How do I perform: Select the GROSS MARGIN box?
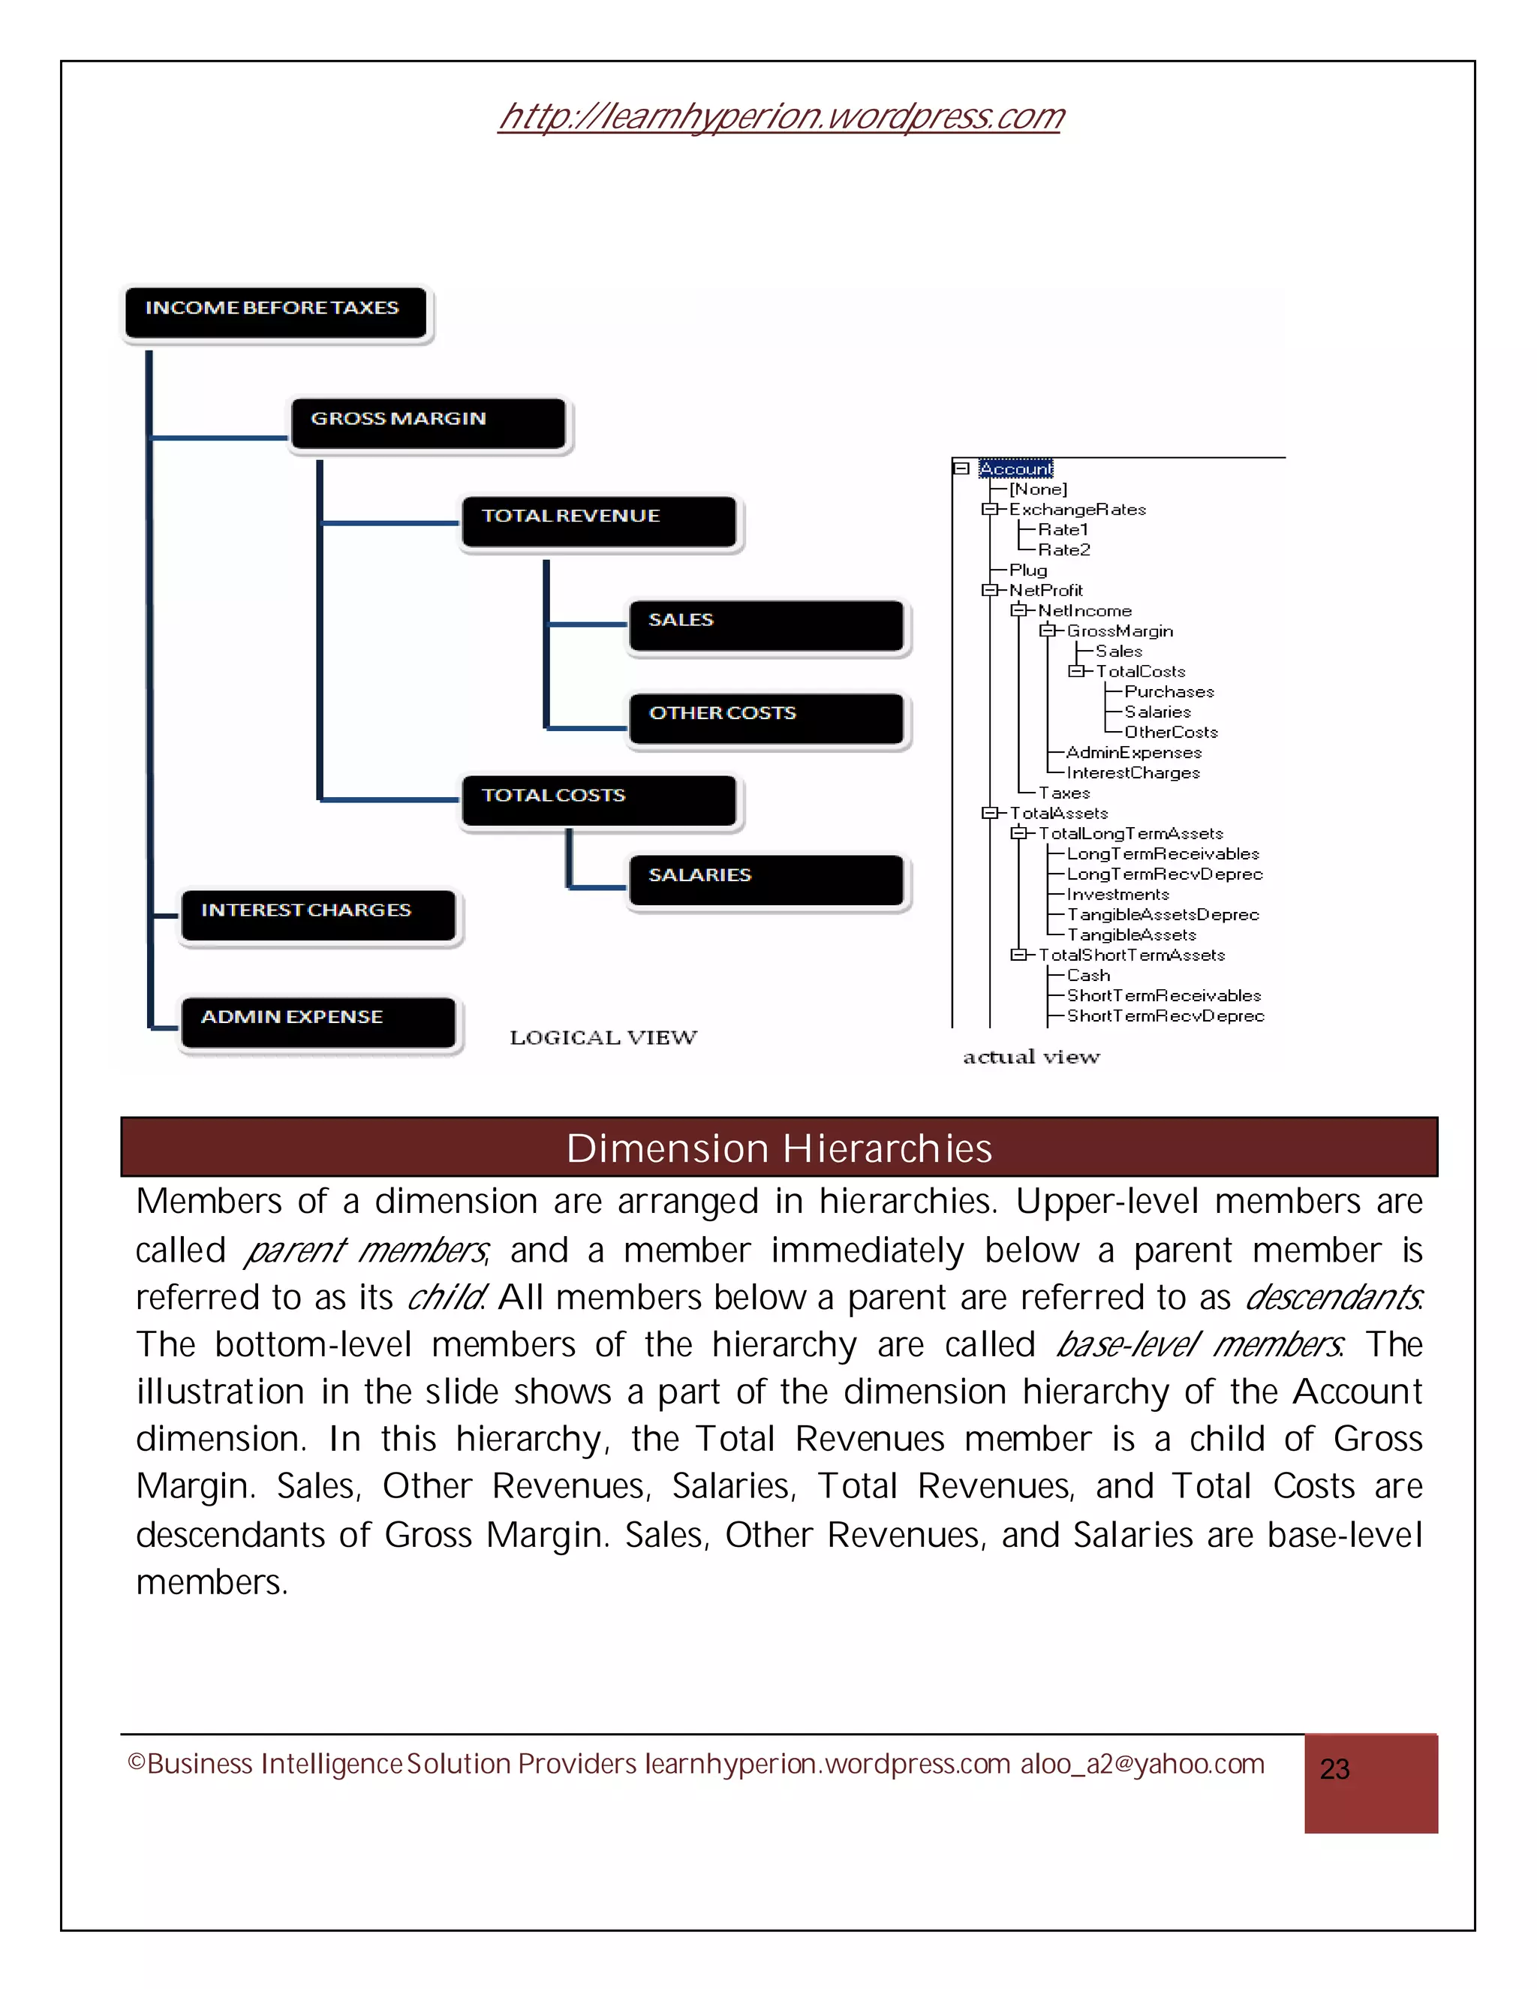coord(428,423)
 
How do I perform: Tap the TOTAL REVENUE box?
coord(598,521)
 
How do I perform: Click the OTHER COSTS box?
coord(765,718)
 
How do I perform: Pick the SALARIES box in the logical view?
coord(765,880)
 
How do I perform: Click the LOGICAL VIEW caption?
coord(603,1037)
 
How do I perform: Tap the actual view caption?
coord(1030,1057)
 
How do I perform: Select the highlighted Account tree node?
coord(1015,468)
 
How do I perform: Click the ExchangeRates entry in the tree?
coord(1076,509)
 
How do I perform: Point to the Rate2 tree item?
coord(1063,549)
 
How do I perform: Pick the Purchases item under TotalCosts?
coord(1169,691)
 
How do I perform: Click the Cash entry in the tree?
coord(1088,974)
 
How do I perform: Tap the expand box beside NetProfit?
coord(989,590)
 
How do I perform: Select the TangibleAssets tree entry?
coord(1131,934)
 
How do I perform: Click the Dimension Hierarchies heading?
coord(778,1148)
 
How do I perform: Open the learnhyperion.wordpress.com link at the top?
coord(781,116)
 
